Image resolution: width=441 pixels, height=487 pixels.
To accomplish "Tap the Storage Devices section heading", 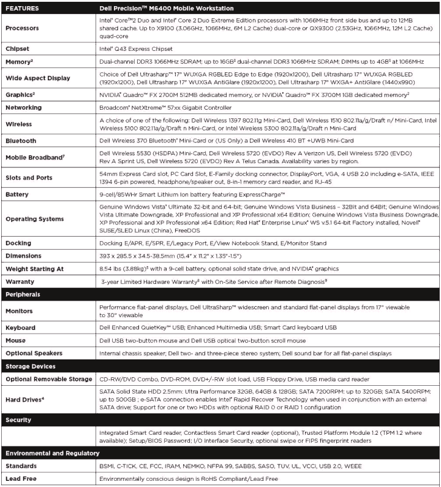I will pyautogui.click(x=31, y=366).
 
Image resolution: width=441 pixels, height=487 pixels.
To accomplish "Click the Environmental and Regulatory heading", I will pyautogui.click(x=52, y=453).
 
